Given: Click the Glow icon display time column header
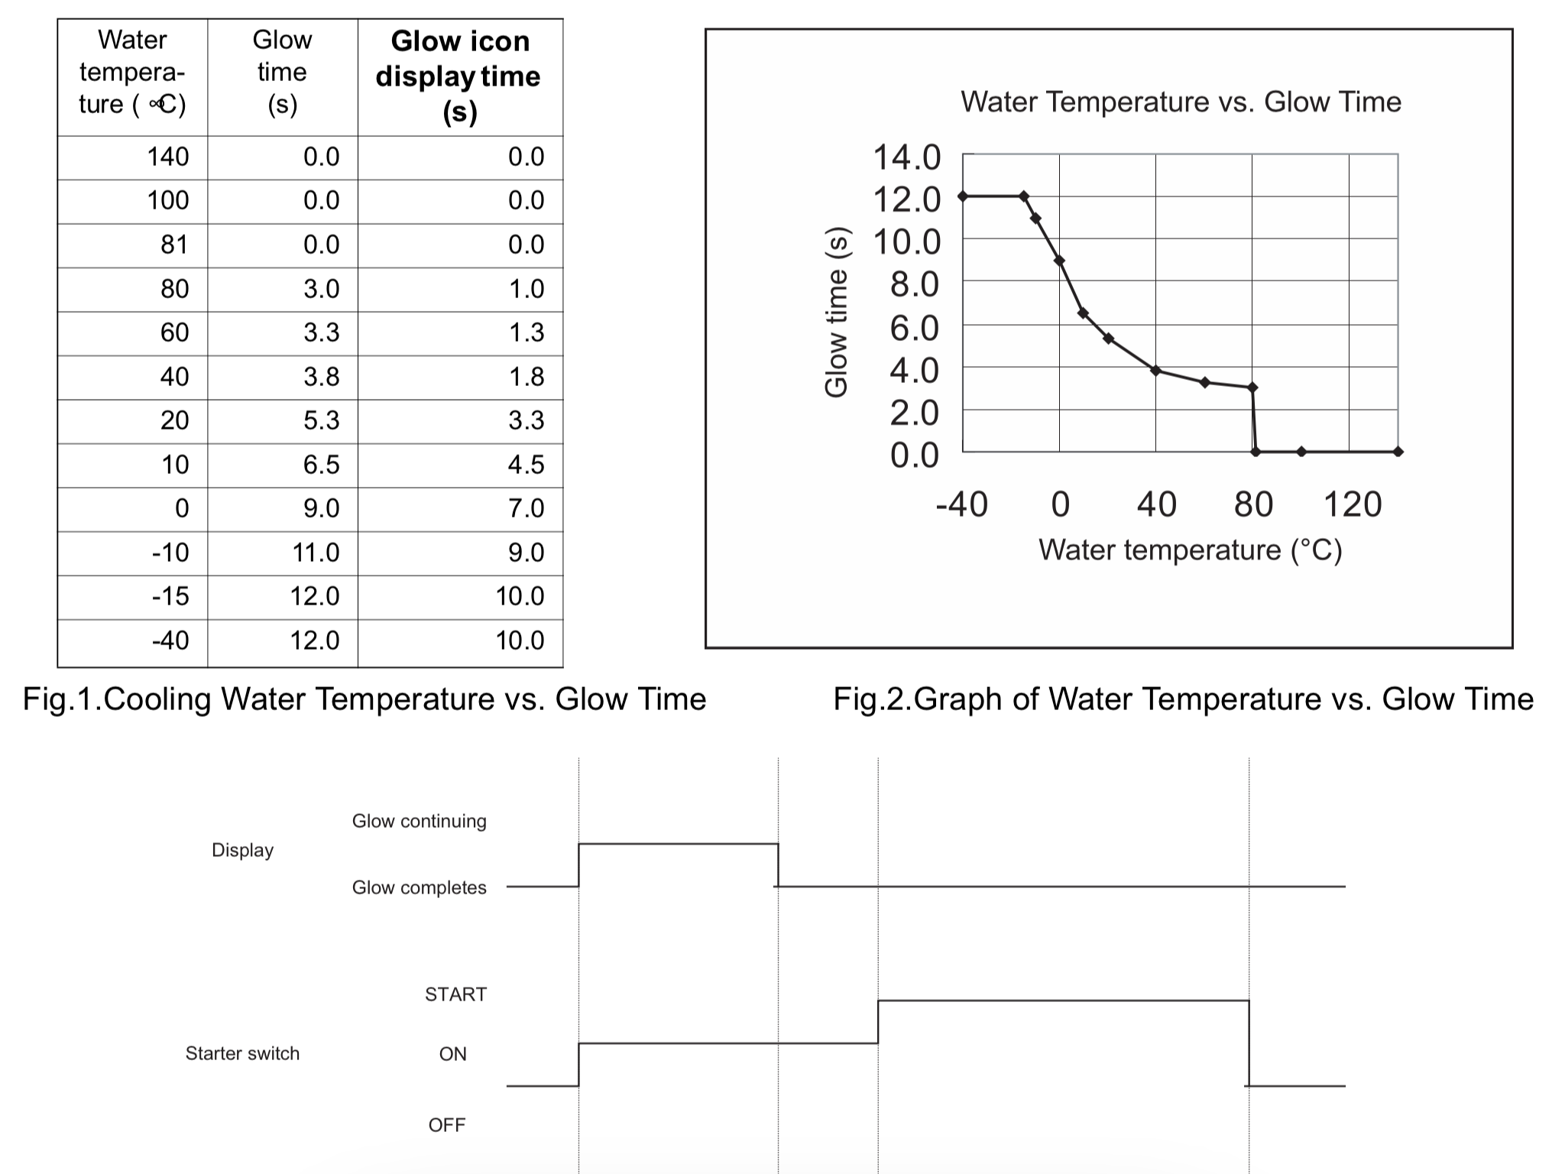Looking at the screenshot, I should point(459,76).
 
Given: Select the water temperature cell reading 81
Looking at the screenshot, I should point(173,245).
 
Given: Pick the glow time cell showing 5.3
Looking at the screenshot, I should point(321,420).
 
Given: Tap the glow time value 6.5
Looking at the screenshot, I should point(321,464).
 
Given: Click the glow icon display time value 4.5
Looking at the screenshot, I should point(526,464).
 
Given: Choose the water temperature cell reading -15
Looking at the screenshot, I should point(170,596).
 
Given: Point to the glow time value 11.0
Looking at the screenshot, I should point(316,552).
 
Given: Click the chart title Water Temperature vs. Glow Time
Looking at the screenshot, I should point(1181,102).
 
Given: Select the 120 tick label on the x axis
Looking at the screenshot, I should point(1352,504).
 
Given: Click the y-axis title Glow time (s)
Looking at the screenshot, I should point(836,312).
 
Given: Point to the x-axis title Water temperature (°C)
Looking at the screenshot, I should point(1190,550).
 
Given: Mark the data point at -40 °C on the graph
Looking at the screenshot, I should point(963,196).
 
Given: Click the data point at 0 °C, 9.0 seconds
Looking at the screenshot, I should point(1059,261).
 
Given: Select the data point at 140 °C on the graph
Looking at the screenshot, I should point(1398,452).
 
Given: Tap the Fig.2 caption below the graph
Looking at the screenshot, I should point(1183,699).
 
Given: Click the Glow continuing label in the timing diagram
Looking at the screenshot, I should point(419,821).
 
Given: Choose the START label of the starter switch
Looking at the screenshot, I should point(455,994).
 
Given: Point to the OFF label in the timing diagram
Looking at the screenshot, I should point(447,1125).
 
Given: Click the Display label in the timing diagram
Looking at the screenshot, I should point(242,850).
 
